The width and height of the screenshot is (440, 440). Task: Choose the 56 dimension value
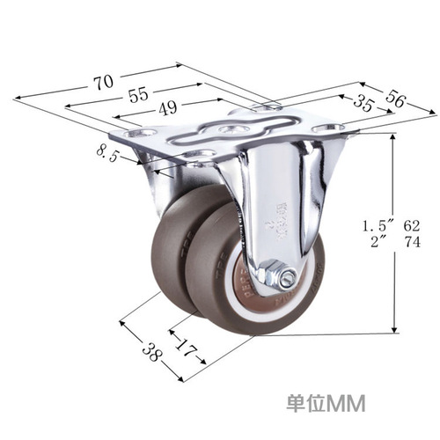[x=396, y=100]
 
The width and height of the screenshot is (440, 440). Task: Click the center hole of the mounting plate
[x=231, y=130]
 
